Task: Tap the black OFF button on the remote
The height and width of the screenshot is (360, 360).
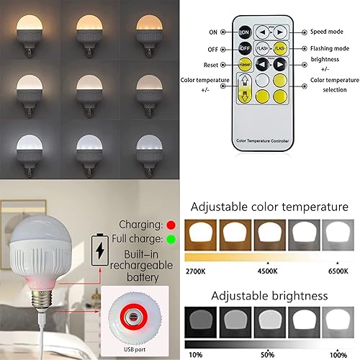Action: (244, 48)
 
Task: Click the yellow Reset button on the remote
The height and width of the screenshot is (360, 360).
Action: (244, 65)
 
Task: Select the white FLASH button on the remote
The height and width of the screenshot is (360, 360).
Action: (262, 48)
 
